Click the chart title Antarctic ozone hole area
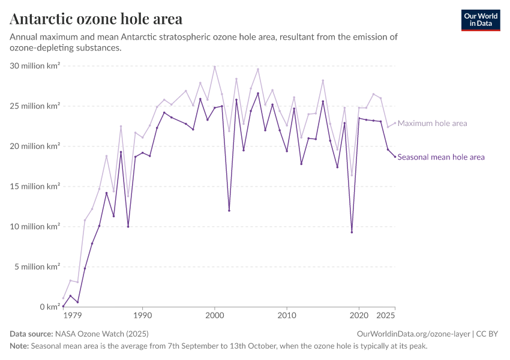coord(96,19)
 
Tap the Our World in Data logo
coord(481,20)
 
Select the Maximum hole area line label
coord(432,123)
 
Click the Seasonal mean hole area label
coord(441,157)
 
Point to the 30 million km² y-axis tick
coord(35,65)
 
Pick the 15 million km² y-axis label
coord(35,187)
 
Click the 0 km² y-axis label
coord(50,307)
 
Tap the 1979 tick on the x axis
coord(73,315)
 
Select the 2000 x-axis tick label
coord(215,315)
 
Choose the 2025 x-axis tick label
coord(386,315)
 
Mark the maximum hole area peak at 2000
coord(215,67)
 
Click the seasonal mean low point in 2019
coord(352,232)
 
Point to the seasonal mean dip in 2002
coord(229,211)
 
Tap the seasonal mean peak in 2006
coord(258,94)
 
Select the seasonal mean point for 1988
coord(128,227)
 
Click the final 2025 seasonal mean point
coord(395,157)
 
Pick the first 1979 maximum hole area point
coord(63,298)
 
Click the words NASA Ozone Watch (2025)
coord(102,334)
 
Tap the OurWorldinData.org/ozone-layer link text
coord(413,334)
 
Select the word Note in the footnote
coord(19,346)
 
